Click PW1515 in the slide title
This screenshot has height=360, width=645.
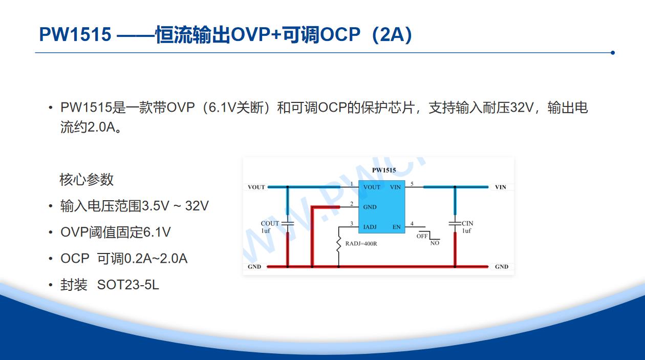coord(75,34)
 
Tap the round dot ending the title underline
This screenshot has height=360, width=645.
coord(612,53)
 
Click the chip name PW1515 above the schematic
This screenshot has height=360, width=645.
coord(384,170)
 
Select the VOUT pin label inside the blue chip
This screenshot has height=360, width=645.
coord(372,187)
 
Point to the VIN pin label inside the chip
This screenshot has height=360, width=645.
coord(395,187)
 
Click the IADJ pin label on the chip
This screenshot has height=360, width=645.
coord(370,227)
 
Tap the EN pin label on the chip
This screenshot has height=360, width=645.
coord(397,227)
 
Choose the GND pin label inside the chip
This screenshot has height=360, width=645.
coord(370,207)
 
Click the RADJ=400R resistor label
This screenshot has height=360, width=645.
coord(361,244)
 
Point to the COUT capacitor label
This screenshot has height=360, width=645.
coord(270,223)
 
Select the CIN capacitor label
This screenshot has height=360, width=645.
coord(467,223)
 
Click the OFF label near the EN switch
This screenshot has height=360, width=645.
coord(422,236)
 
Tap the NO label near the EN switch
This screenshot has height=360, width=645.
coord(435,243)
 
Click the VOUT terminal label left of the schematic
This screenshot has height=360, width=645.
coord(256,187)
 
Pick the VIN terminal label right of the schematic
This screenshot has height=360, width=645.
coord(501,187)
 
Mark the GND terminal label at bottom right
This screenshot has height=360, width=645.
coord(502,267)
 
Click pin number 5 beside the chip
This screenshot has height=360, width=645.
coord(412,184)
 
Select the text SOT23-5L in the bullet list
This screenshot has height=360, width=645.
coord(128,285)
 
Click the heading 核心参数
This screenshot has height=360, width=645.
coord(87,180)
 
